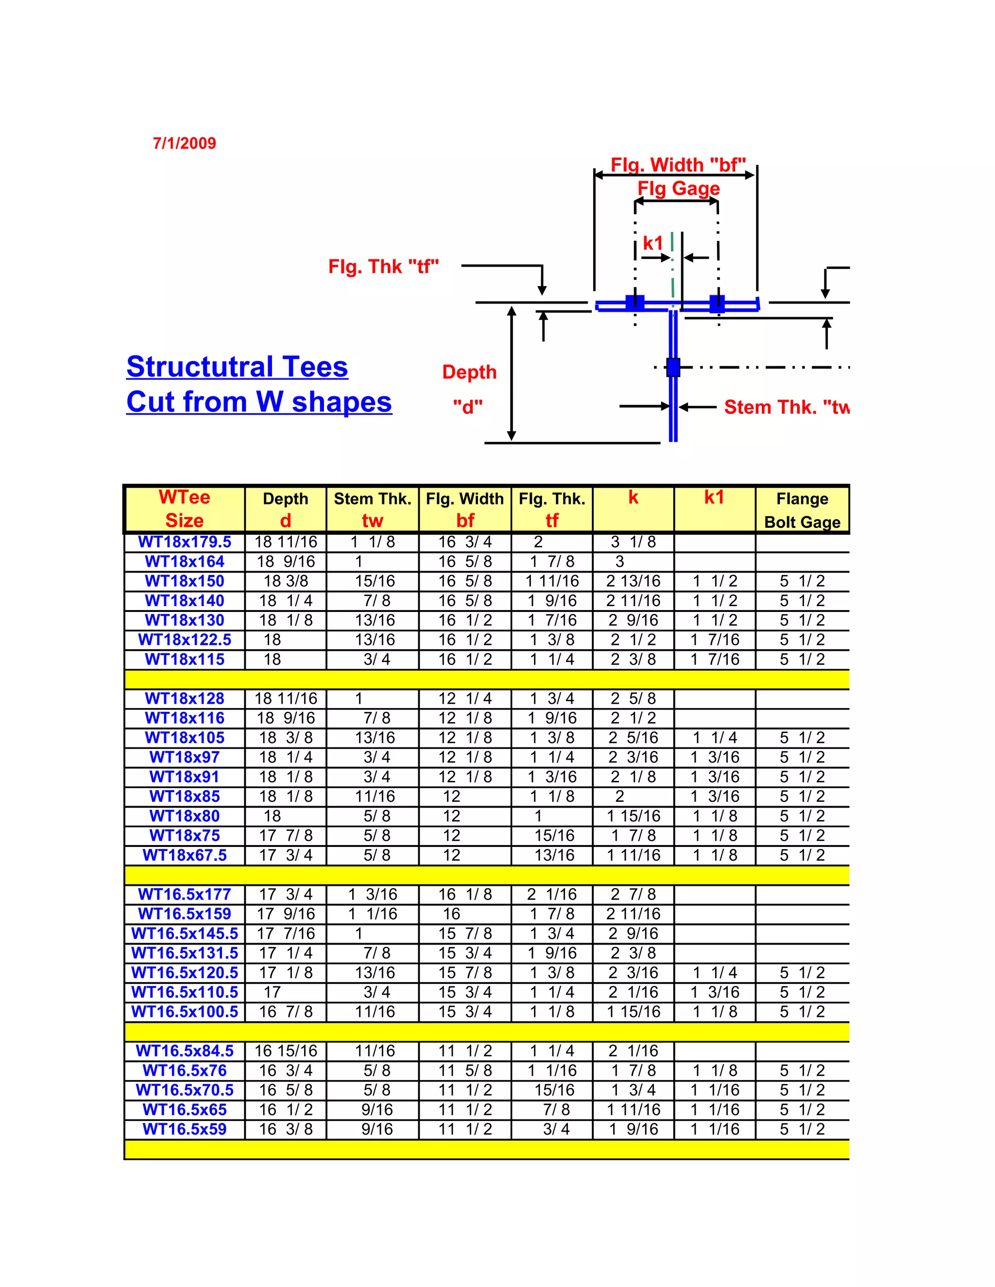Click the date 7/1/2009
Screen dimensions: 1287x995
click(185, 143)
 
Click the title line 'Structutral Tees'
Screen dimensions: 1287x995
click(237, 367)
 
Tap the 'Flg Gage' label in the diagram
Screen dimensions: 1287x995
click(678, 188)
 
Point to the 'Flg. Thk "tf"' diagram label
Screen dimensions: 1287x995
click(384, 267)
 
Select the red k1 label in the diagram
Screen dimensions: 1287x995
click(652, 243)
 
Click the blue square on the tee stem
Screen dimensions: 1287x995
click(673, 367)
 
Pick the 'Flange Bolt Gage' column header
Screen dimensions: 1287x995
click(802, 510)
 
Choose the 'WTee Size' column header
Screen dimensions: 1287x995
click(185, 509)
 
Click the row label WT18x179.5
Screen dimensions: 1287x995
click(185, 542)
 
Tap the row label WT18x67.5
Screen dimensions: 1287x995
click(185, 855)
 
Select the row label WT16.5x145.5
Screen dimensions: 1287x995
click(185, 933)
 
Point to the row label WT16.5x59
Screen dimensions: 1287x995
click(185, 1129)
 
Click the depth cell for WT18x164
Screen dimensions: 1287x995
click(286, 561)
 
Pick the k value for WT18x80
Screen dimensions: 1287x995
click(634, 816)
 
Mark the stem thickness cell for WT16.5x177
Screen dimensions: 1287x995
click(373, 895)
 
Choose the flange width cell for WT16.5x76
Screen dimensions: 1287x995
click(465, 1071)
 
